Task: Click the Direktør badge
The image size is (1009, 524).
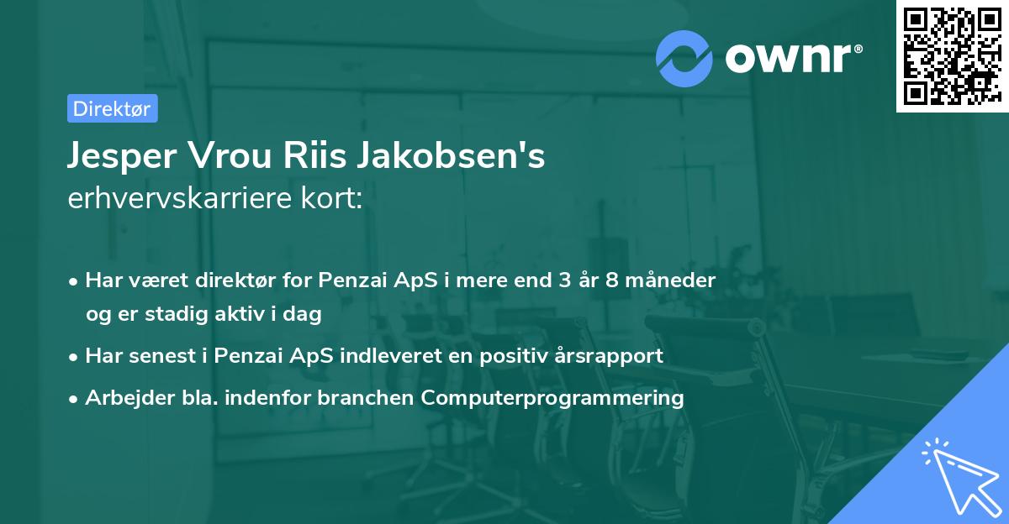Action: tap(111, 108)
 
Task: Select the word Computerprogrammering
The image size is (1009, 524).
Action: tap(552, 398)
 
